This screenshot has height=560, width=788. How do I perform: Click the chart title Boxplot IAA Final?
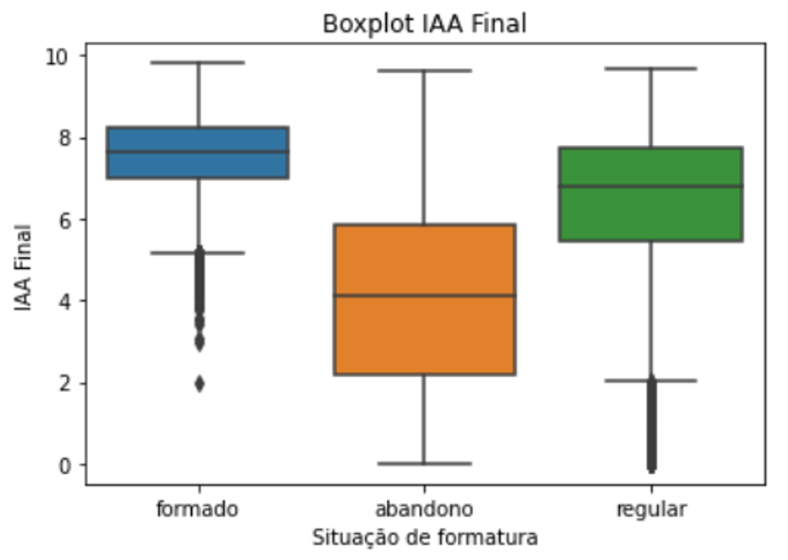424,24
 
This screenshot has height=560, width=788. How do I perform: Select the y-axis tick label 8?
66,138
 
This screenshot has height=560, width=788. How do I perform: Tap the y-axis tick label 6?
66,220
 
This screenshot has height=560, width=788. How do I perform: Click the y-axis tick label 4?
66,301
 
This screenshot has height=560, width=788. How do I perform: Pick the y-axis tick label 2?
66,384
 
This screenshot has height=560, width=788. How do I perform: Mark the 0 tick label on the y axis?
66,466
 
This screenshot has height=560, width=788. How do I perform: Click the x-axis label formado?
197,509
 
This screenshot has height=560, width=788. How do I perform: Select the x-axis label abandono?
424,509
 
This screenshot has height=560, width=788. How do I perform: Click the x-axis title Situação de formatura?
425,538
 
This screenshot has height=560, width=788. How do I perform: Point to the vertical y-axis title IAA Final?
23,267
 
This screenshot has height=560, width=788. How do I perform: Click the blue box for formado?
198,152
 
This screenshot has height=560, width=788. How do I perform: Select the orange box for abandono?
424,300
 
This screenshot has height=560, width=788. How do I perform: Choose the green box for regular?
651,194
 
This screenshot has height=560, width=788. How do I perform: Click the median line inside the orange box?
424,295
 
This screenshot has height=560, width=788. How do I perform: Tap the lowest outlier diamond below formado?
199,384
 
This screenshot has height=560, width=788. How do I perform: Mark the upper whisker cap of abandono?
424,71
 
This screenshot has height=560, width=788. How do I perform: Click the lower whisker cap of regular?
651,380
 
